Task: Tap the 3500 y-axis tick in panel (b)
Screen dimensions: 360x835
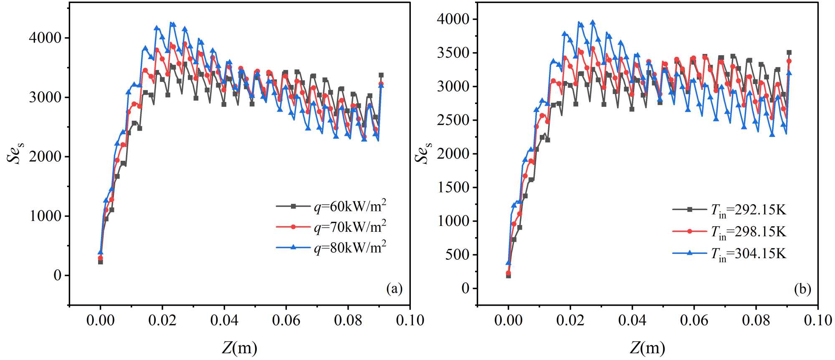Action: (453, 53)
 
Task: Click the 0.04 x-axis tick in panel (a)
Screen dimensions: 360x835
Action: (224, 320)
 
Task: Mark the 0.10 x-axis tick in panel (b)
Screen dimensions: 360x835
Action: (818, 320)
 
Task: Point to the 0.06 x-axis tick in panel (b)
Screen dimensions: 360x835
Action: (694, 320)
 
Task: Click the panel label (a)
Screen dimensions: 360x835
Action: (394, 289)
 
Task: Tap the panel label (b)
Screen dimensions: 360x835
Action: (802, 289)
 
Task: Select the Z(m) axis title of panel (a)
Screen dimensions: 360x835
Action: (239, 347)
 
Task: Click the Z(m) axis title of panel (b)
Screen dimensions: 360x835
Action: (647, 347)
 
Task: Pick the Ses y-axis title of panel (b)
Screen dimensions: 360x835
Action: (423, 153)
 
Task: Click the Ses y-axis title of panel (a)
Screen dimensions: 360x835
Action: (15, 153)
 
